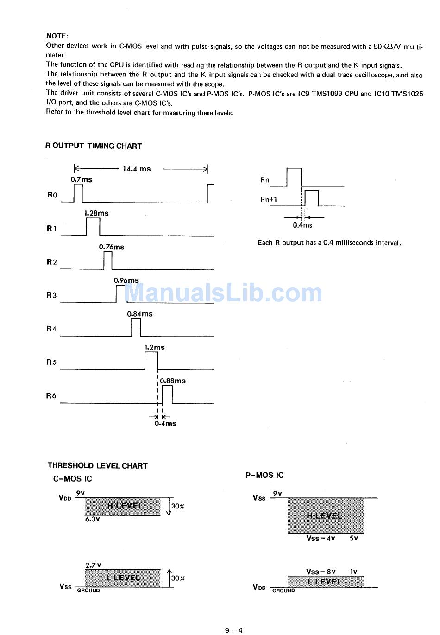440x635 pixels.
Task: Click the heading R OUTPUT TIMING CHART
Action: pos(94,146)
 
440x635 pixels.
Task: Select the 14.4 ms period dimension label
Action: pos(137,169)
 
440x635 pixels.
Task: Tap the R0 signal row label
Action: pos(52,195)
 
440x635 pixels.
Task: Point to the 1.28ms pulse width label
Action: pos(96,213)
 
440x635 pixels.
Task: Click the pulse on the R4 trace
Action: pos(136,328)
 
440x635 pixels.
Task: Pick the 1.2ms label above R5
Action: pos(155,347)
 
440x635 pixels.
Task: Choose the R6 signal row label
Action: pos(51,396)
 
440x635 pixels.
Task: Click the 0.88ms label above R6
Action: pos(173,381)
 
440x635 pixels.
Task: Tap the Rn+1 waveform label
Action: pos(269,200)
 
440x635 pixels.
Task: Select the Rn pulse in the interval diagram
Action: pos(294,177)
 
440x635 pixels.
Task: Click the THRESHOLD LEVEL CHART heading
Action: pos(98,466)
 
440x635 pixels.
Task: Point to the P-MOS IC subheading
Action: pos(264,475)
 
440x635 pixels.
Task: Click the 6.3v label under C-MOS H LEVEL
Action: pos(92,520)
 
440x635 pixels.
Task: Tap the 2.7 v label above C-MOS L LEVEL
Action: pos(93,565)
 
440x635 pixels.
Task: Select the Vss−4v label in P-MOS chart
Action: pos(321,539)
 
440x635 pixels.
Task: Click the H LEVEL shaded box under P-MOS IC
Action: pos(326,516)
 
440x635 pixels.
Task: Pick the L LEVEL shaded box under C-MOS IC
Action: pos(123,578)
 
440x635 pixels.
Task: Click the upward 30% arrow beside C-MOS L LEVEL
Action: pos(169,578)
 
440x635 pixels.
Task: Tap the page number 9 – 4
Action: pos(234,630)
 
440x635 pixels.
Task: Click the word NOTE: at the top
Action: pos(57,36)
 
